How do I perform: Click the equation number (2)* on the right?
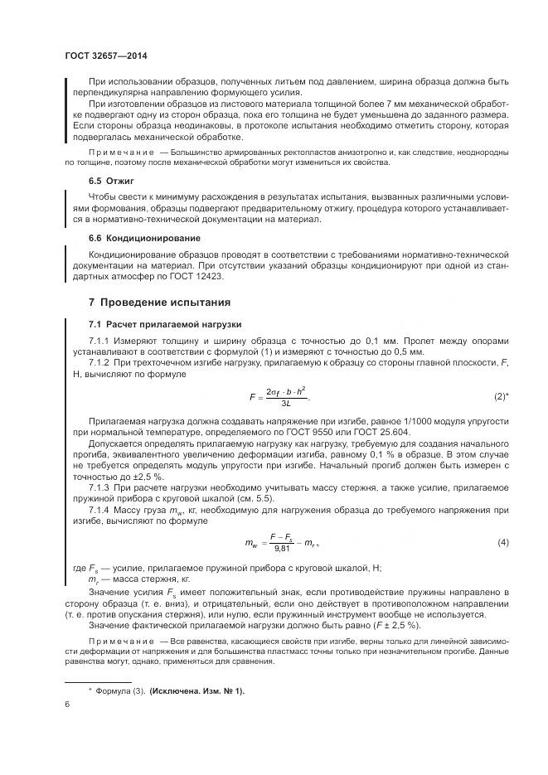pos(501,396)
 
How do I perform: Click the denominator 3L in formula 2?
pos(285,403)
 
